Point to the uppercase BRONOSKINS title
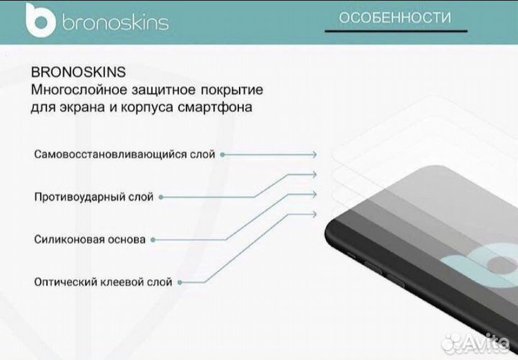coord(79,73)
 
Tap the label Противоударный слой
coord(93,197)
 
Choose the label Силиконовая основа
coord(89,239)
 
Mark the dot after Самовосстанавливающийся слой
coord(222,154)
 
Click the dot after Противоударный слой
coord(160,197)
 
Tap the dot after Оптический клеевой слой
coord(179,282)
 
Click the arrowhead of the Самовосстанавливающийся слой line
coord(314,154)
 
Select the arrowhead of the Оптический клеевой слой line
coord(314,213)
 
